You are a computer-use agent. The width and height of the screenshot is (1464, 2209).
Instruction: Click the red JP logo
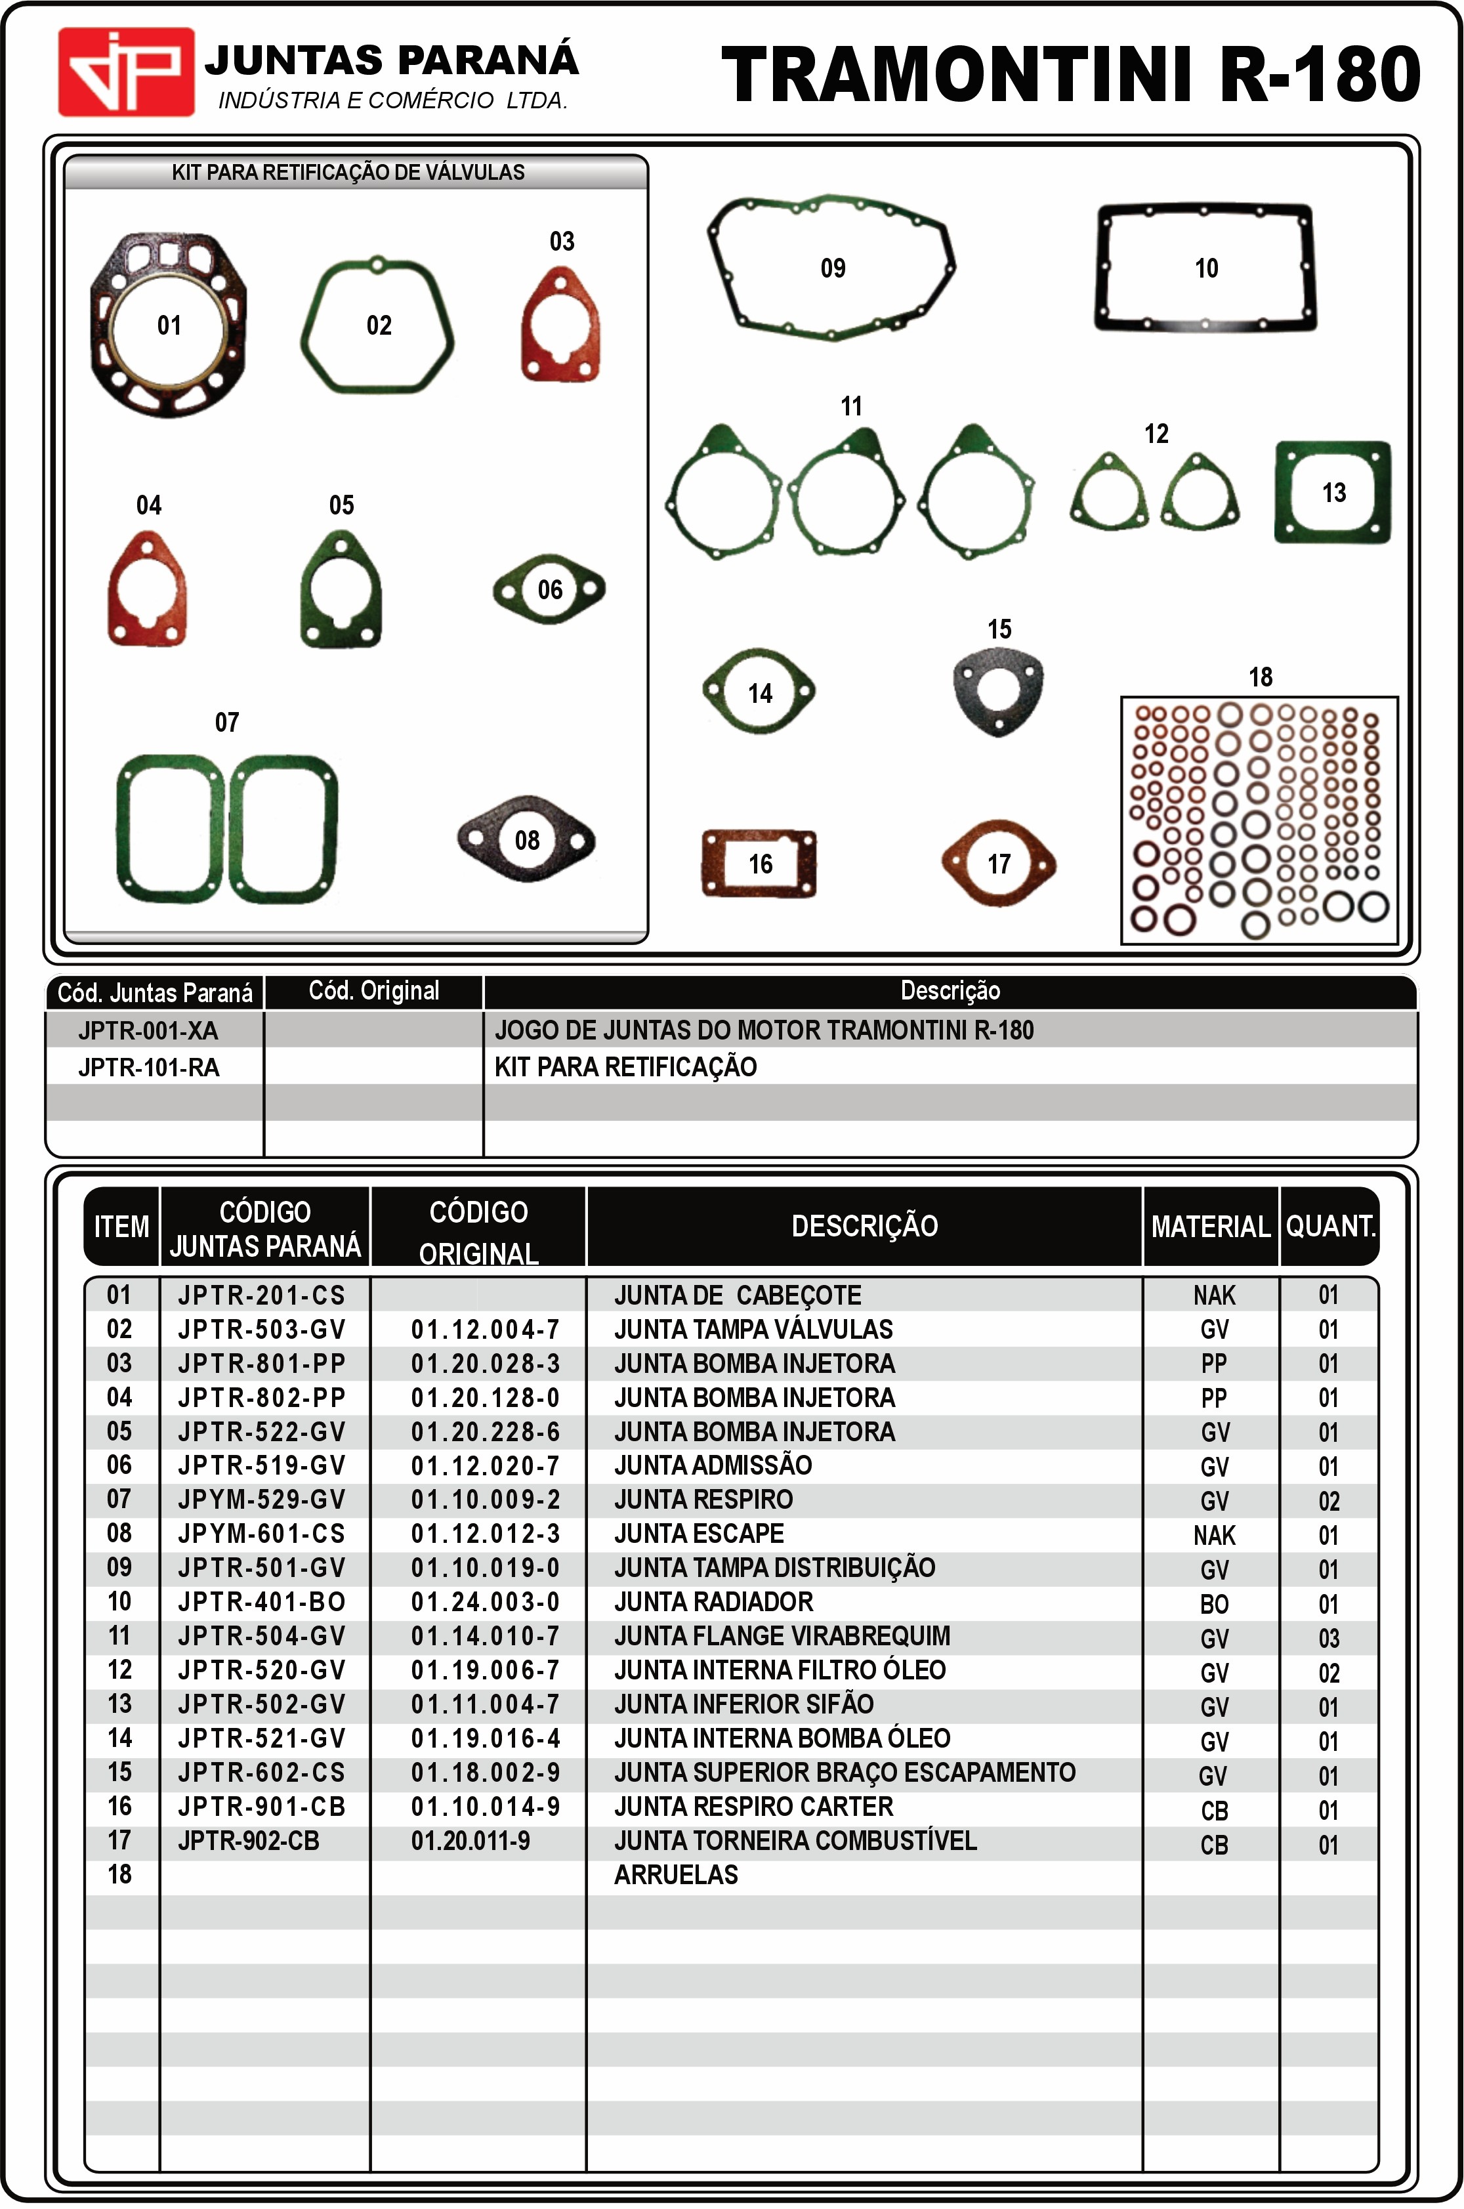126,72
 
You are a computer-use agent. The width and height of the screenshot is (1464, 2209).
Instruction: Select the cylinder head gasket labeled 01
169,326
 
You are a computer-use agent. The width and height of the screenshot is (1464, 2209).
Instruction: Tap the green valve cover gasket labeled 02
377,326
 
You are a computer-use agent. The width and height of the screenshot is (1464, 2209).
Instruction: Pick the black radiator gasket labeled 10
1205,269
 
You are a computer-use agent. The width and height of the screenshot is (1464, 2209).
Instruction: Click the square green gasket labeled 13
1333,492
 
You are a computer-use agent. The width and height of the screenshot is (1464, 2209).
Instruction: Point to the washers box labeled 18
1259,820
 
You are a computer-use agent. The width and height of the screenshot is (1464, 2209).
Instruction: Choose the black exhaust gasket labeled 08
526,839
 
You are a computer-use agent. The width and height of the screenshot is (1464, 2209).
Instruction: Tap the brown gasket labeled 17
998,864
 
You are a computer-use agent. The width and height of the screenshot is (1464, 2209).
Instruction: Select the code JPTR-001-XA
148,1031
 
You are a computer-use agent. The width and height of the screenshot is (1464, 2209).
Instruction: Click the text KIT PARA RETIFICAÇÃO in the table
625,1067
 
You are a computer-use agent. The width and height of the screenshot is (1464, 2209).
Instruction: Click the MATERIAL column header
1211,1227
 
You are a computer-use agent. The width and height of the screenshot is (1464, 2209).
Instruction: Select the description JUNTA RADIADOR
713,1602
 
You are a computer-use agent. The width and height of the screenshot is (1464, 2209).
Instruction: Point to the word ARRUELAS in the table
676,1875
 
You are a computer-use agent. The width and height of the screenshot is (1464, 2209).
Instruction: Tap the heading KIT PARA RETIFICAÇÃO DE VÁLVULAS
348,173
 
